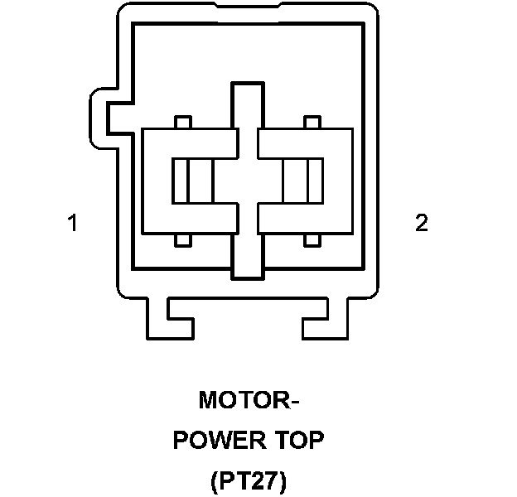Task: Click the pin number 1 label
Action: tap(73, 223)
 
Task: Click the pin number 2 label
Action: tap(422, 223)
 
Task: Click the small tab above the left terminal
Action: tap(184, 122)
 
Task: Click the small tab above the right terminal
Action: tap(312, 122)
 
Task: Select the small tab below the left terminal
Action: tap(184, 240)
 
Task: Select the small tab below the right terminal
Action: tap(312, 240)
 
